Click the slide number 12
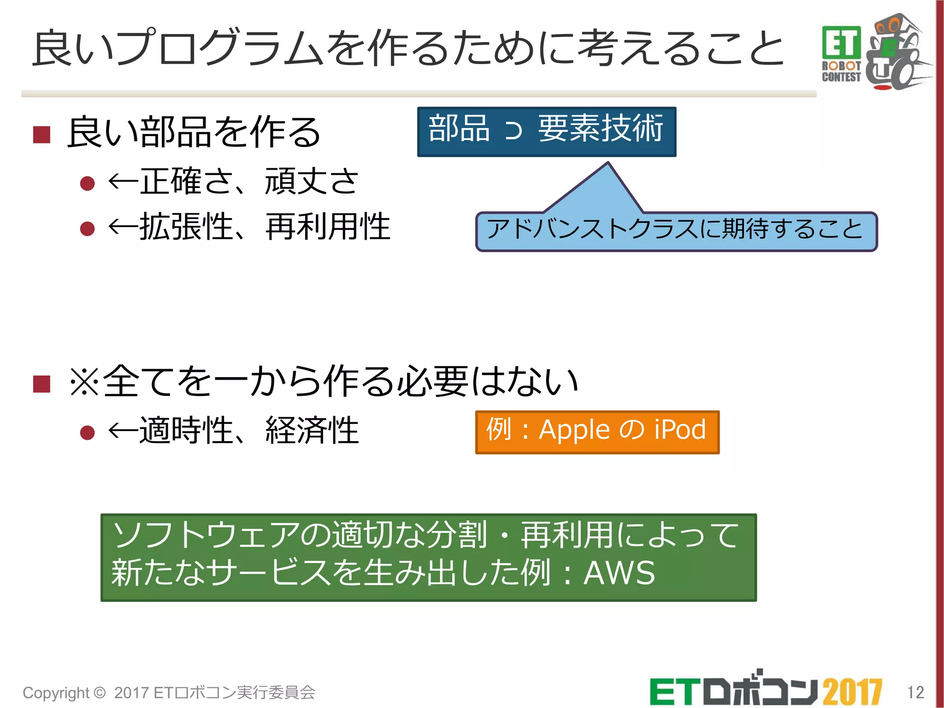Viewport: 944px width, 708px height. (x=915, y=692)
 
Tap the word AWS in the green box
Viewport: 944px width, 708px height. (x=619, y=573)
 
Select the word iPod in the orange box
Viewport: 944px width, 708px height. (x=680, y=430)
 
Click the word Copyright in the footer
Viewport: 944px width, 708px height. (x=56, y=693)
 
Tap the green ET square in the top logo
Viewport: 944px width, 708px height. (x=841, y=43)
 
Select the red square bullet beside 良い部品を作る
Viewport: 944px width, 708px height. (x=42, y=135)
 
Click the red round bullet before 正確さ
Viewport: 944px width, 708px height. (x=87, y=183)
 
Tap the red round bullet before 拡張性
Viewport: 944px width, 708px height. (x=87, y=229)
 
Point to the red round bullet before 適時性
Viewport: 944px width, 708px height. (x=87, y=432)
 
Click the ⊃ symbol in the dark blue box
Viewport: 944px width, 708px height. (x=513, y=130)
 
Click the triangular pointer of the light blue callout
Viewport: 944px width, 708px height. (x=604, y=187)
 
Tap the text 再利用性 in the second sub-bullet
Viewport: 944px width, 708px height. (x=328, y=227)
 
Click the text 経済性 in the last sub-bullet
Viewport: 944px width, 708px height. (x=312, y=431)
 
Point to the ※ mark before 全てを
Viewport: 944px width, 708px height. (x=84, y=382)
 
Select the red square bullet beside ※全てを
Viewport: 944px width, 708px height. (x=42, y=383)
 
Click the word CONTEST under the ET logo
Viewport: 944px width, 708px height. (x=841, y=77)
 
